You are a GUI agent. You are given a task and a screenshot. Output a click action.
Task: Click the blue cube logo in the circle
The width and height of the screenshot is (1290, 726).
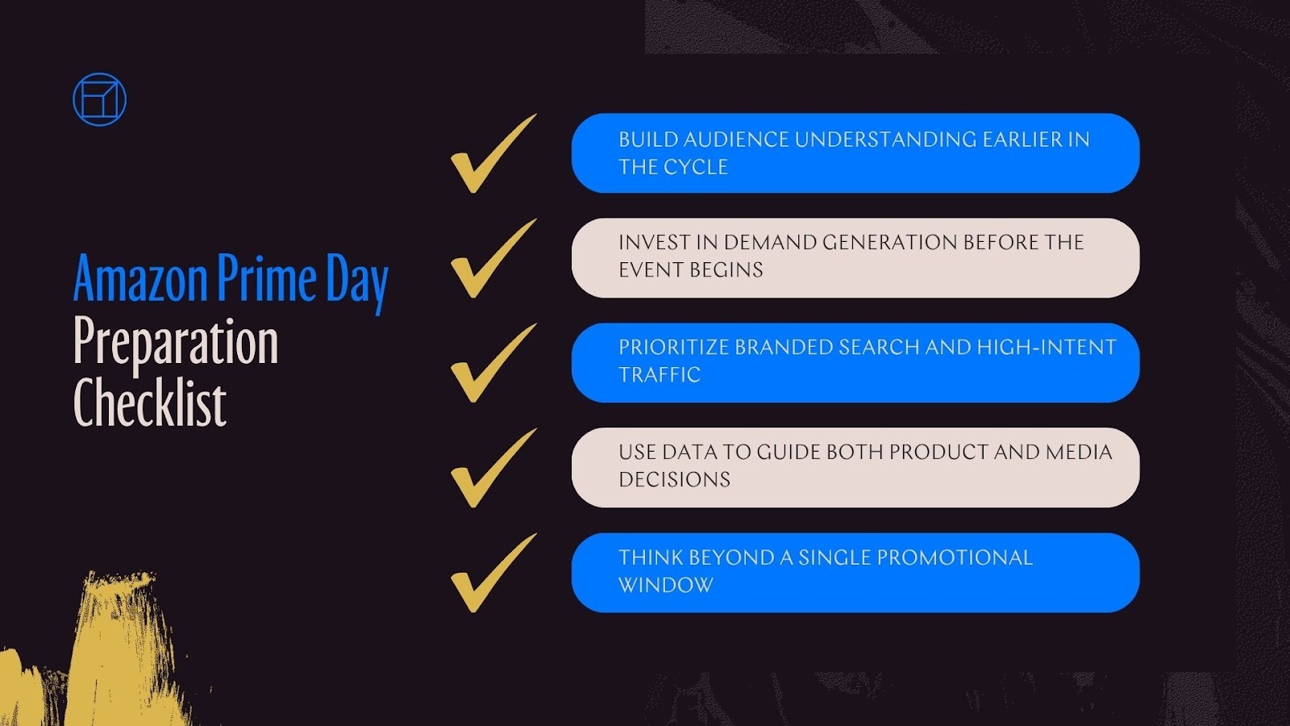(99, 100)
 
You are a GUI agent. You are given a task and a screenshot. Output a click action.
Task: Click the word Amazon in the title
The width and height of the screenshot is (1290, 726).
(140, 279)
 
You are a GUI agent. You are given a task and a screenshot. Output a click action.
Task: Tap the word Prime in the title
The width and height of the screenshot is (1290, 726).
(267, 279)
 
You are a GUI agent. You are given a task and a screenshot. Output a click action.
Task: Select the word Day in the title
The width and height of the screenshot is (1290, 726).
(356, 282)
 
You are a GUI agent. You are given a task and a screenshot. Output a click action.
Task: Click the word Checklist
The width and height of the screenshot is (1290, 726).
(150, 403)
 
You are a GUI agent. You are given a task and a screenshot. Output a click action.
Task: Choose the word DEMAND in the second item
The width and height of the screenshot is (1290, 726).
(769, 242)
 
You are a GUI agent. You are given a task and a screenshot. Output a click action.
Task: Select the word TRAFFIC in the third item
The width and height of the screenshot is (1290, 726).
(660, 374)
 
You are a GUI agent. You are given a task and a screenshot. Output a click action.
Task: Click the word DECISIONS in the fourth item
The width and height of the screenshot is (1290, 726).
(674, 479)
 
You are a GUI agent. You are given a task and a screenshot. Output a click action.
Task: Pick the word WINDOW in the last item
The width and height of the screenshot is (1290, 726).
(666, 585)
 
